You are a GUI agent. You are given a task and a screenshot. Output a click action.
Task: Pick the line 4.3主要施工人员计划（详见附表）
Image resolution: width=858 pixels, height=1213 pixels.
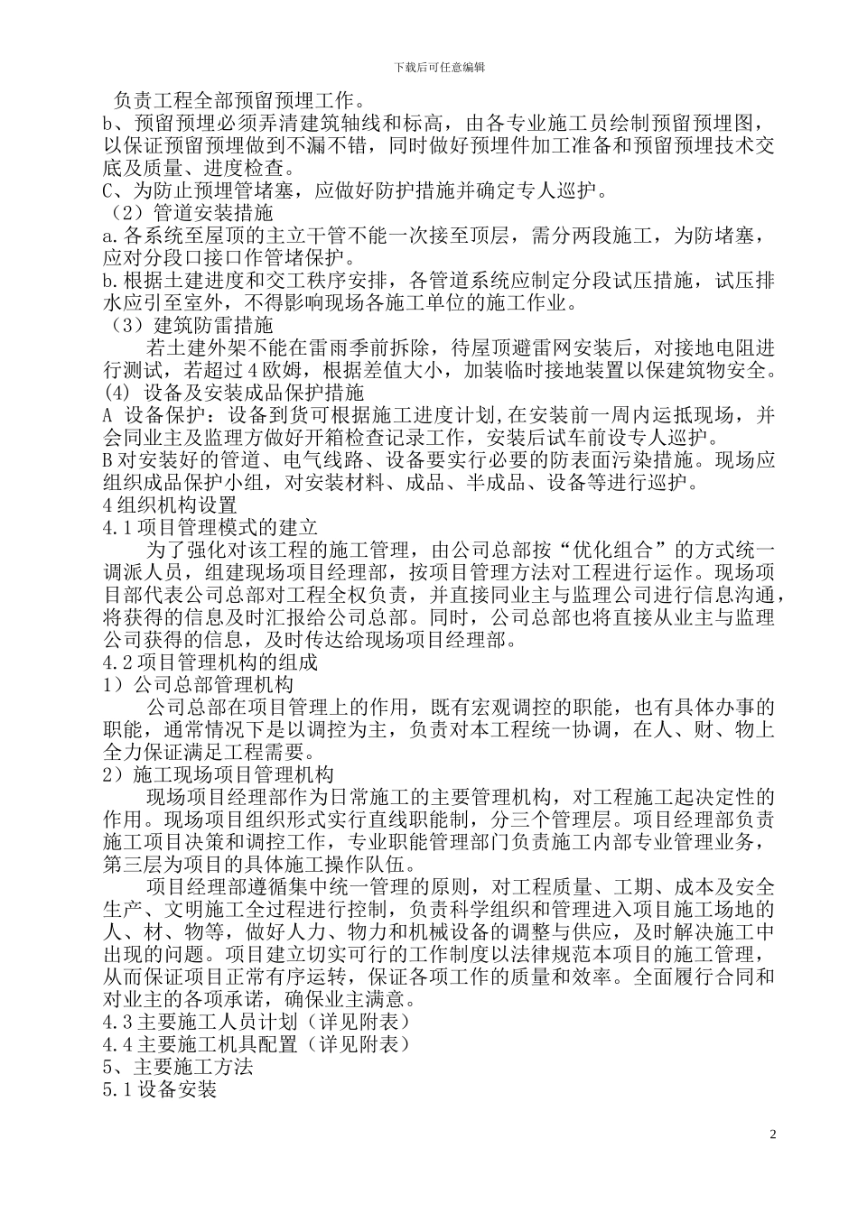click(257, 1022)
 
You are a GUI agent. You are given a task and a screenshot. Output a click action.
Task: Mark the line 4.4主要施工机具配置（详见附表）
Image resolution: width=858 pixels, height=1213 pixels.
click(257, 1044)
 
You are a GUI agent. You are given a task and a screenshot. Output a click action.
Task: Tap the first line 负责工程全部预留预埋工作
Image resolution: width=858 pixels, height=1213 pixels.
click(238, 101)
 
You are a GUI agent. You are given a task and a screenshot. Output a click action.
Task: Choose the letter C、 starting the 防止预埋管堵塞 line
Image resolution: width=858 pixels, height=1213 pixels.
click(117, 190)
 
